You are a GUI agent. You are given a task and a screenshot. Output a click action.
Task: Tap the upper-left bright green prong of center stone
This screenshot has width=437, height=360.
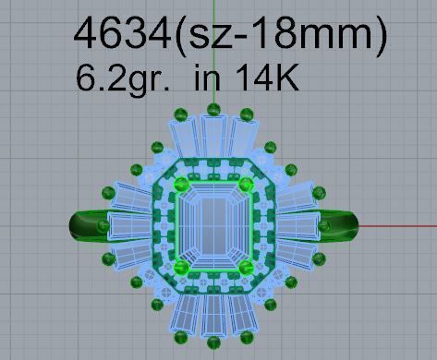click(182, 185)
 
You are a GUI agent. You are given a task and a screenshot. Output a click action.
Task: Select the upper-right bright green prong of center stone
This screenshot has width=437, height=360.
click(246, 185)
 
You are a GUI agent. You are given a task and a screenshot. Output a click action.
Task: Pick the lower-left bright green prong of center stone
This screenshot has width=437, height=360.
click(182, 267)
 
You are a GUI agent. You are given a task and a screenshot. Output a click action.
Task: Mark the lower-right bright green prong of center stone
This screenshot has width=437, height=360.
click(246, 267)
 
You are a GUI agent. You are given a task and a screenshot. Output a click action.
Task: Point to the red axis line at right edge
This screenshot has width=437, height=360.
click(407, 224)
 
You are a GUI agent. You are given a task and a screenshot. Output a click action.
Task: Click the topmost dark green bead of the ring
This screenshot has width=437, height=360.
click(213, 109)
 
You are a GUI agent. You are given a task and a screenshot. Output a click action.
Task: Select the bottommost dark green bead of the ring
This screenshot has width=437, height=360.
click(213, 345)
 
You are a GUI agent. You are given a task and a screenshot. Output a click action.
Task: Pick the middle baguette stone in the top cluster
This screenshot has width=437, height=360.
click(213, 138)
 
